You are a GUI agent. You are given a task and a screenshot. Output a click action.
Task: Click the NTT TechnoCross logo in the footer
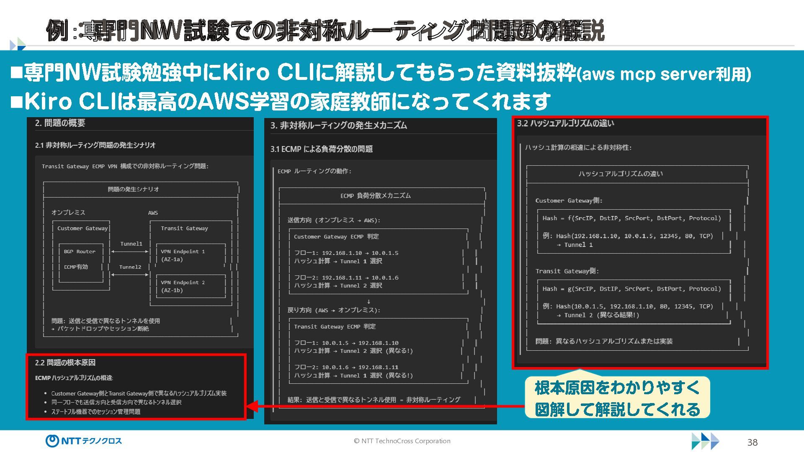(x=84, y=441)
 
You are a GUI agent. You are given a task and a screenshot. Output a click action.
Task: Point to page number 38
(x=752, y=442)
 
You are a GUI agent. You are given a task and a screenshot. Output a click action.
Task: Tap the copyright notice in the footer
(x=402, y=441)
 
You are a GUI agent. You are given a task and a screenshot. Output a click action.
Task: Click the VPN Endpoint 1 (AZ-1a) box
(x=191, y=255)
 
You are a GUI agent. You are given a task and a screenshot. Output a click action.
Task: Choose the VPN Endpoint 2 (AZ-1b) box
(x=191, y=286)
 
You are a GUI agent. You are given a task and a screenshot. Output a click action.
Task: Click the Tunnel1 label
(x=131, y=244)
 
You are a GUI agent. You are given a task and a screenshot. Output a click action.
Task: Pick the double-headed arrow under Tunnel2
(x=130, y=275)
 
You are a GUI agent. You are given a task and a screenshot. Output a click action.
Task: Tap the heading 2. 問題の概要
(x=60, y=123)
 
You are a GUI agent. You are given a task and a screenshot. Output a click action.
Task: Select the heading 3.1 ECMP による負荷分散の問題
(x=321, y=149)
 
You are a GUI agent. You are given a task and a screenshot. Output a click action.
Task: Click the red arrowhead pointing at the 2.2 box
(x=252, y=406)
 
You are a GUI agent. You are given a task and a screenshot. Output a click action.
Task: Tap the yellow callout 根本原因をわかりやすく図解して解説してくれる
(x=617, y=398)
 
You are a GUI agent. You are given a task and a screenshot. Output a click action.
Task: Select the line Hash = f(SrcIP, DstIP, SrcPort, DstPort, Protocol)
(x=631, y=218)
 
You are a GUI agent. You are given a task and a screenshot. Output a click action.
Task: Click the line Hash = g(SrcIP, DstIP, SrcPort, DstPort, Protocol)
(x=631, y=289)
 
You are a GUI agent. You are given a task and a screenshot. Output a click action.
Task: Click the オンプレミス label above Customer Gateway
(x=68, y=213)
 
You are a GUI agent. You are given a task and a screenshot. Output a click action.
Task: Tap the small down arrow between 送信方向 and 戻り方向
(x=368, y=301)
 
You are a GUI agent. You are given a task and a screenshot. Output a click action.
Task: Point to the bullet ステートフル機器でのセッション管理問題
(x=95, y=412)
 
